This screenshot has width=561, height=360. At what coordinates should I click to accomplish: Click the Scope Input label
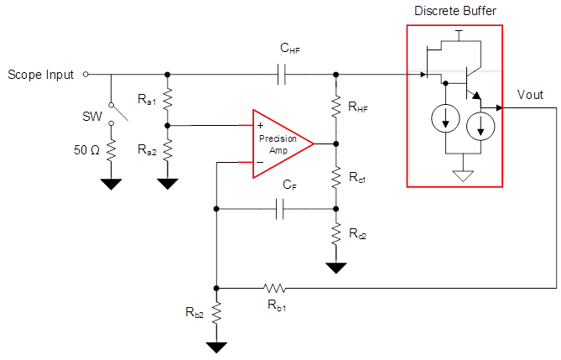(41, 75)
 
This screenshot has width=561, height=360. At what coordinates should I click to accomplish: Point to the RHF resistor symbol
(335, 107)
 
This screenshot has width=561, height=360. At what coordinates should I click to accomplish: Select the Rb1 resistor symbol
(275, 287)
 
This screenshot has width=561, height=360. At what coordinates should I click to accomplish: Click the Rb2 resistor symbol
(217, 314)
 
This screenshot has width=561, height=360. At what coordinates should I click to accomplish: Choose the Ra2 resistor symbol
(168, 150)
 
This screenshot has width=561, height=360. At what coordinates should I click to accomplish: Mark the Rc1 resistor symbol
(335, 179)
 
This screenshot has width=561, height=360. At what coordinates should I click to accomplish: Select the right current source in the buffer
(480, 127)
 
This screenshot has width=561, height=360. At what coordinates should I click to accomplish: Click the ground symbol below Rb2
(217, 346)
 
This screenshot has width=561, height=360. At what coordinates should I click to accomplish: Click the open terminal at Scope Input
(86, 75)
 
